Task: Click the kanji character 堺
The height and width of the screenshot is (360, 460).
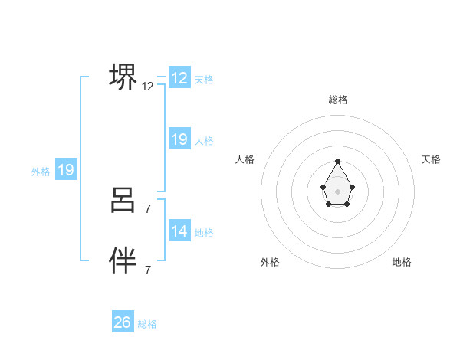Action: click(123, 77)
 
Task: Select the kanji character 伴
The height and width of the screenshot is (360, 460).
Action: click(123, 261)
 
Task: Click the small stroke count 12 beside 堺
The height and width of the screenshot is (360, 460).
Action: click(148, 87)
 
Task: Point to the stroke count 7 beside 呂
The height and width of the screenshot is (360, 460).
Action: click(148, 208)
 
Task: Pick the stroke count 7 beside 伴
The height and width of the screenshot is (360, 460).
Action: click(148, 270)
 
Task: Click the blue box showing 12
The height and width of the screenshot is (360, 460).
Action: click(179, 78)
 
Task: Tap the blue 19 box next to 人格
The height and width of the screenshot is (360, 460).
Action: click(179, 139)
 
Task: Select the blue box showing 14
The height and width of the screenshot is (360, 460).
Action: click(179, 231)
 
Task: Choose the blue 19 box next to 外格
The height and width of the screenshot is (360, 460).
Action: click(66, 170)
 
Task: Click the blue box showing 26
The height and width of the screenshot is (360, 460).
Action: click(122, 322)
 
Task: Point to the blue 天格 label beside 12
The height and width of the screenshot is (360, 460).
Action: click(204, 80)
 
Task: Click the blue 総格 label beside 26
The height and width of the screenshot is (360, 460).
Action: click(147, 324)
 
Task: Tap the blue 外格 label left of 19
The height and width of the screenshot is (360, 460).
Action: click(41, 172)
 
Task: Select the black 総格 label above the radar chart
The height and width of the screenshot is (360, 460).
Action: click(338, 100)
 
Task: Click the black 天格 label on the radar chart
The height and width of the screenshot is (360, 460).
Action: click(431, 159)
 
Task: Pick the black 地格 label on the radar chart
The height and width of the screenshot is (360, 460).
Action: click(402, 262)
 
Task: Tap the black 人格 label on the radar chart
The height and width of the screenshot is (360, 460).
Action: click(245, 159)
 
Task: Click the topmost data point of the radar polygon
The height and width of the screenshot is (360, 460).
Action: click(338, 161)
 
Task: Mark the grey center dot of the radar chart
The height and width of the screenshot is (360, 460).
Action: click(338, 191)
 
